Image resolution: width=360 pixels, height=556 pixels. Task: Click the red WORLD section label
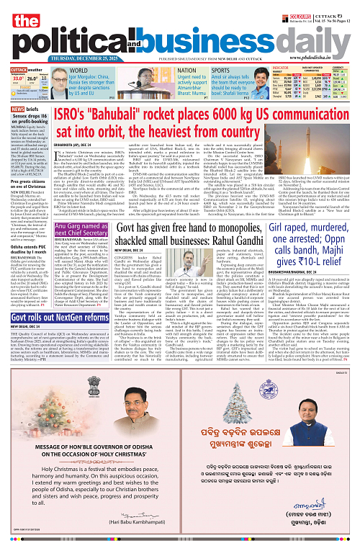point(78,71)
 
